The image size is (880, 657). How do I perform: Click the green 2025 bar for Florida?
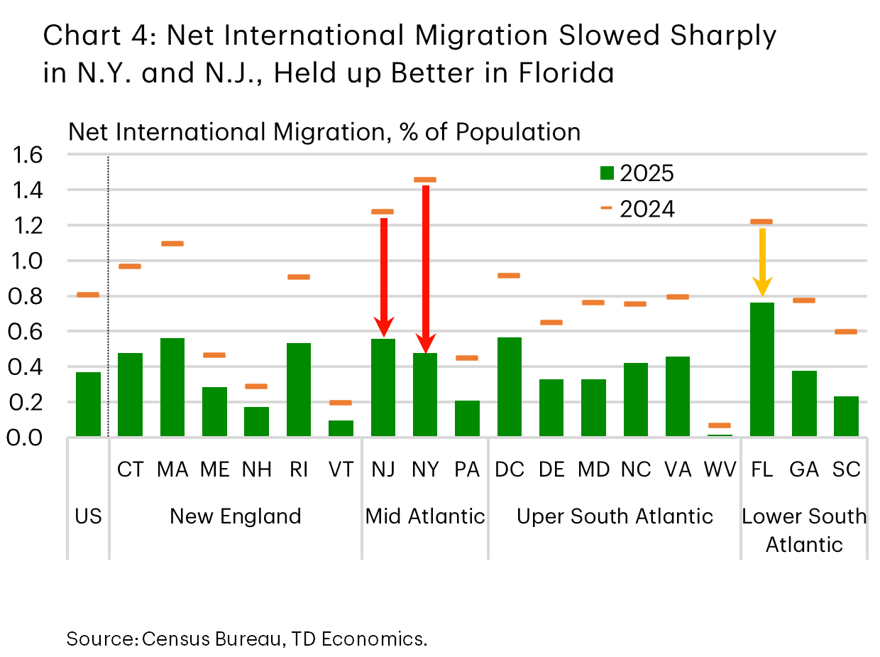click(x=761, y=369)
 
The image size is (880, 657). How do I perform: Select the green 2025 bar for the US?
click(x=88, y=404)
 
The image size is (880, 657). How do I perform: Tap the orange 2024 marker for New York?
click(x=425, y=180)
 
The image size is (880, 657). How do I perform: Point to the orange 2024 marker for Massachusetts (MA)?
click(x=172, y=244)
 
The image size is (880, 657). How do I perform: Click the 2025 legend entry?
click(x=637, y=173)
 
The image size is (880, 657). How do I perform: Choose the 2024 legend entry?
click(x=637, y=209)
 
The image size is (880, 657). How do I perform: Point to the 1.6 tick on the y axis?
click(x=28, y=155)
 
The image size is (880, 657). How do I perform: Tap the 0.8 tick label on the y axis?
click(x=28, y=296)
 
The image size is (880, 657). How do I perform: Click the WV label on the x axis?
click(x=720, y=469)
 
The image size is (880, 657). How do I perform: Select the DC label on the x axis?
click(x=510, y=469)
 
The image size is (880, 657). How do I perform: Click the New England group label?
click(x=236, y=516)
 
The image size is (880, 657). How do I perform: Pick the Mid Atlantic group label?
click(x=425, y=516)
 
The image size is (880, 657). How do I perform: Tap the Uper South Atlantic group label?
click(x=615, y=516)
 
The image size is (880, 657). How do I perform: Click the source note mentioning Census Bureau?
click(x=247, y=639)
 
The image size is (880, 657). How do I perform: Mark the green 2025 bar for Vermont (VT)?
click(x=341, y=428)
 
